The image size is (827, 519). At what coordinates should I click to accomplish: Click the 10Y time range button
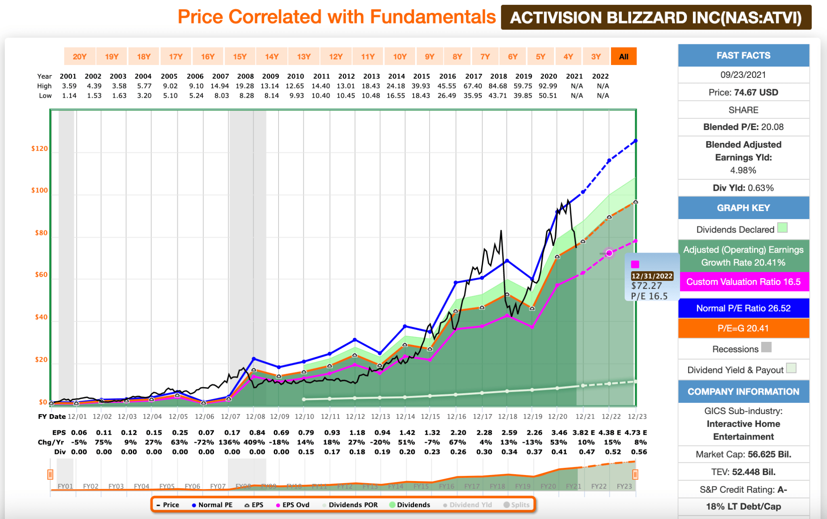(x=400, y=57)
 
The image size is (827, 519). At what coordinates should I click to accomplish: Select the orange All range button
(x=623, y=57)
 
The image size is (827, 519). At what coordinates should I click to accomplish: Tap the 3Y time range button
(x=596, y=57)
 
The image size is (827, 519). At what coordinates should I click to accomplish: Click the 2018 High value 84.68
(x=498, y=86)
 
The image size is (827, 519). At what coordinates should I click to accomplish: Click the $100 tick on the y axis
(x=40, y=190)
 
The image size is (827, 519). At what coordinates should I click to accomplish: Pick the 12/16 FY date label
(x=457, y=416)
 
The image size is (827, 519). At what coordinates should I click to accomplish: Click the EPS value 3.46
(x=559, y=433)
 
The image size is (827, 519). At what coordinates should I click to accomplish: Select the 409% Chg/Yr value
(x=254, y=442)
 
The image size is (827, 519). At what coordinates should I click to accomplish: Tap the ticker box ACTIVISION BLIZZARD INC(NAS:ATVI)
(x=656, y=18)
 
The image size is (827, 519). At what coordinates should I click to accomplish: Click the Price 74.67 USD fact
(x=743, y=92)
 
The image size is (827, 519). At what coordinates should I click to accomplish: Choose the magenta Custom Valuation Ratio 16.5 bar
(x=743, y=282)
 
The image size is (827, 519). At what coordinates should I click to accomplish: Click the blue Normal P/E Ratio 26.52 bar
(x=743, y=308)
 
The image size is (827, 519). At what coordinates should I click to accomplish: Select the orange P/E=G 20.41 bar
(x=743, y=329)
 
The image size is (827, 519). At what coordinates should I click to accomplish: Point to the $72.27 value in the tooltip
(x=646, y=286)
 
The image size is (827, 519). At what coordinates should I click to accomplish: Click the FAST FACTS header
(x=743, y=56)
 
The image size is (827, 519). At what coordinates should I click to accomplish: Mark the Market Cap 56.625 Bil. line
(x=743, y=454)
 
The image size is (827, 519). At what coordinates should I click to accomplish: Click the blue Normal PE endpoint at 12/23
(x=636, y=141)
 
